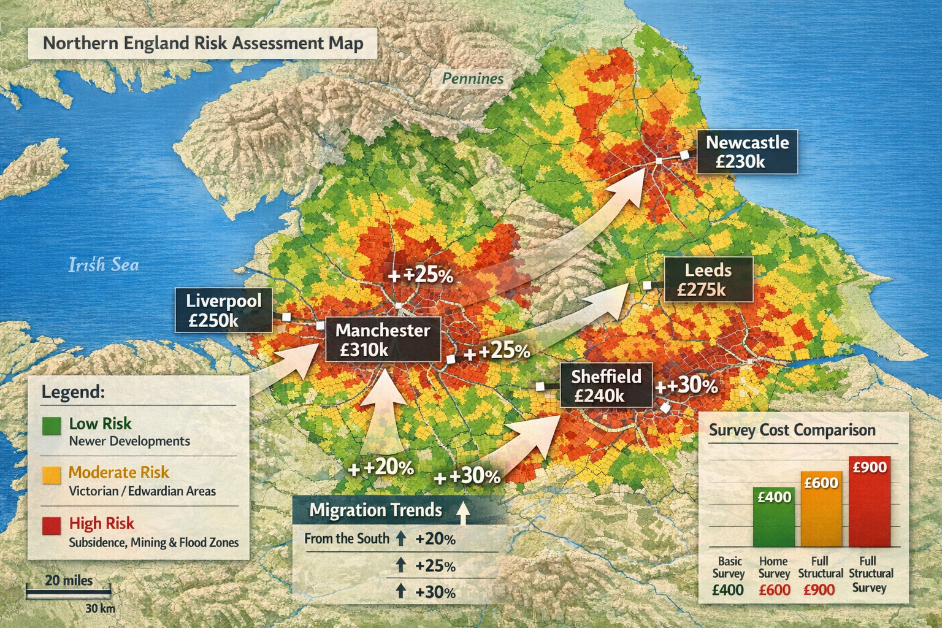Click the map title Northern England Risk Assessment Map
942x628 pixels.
[x=203, y=43]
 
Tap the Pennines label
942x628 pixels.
[x=472, y=78]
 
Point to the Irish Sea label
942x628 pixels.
[x=103, y=265]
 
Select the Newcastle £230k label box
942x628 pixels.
[x=746, y=152]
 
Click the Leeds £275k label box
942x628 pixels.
[x=708, y=280]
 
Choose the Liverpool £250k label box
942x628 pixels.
[x=223, y=310]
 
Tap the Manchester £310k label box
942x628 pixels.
[x=383, y=340]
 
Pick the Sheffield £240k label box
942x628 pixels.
[x=606, y=386]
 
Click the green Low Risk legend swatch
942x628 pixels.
[x=52, y=426]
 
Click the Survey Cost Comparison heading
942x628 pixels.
[x=792, y=430]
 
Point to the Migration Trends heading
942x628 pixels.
[x=375, y=510]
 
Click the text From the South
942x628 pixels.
[x=347, y=538]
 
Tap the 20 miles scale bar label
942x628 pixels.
[x=69, y=580]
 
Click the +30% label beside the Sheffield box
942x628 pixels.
[x=687, y=386]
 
